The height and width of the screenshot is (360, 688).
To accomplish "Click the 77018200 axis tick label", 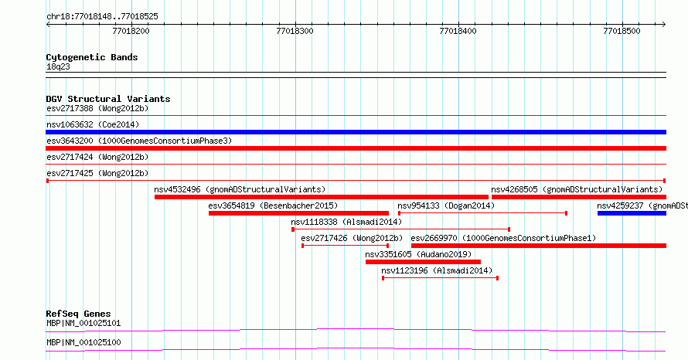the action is click(x=131, y=31).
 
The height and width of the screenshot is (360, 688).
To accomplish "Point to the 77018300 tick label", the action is click(x=295, y=31).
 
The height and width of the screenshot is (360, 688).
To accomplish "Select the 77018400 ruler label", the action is click(x=458, y=31).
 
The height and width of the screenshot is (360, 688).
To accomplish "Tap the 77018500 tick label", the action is click(x=622, y=31).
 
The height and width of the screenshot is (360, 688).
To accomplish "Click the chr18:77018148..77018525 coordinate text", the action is click(x=102, y=17).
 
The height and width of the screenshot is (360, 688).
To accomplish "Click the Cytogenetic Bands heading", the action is click(x=92, y=57).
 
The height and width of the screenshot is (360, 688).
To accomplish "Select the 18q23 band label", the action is click(x=58, y=67).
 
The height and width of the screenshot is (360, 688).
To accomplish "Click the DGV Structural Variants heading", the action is click(x=108, y=99).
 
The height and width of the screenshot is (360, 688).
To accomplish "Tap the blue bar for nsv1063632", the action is click(x=356, y=132).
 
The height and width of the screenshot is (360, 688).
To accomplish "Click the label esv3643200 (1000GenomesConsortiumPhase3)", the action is click(x=139, y=141).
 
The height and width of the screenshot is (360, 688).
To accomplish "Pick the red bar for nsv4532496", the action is click(x=321, y=197).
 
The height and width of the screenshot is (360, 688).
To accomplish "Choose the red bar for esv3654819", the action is click(x=298, y=213).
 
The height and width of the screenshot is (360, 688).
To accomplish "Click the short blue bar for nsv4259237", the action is click(x=632, y=213).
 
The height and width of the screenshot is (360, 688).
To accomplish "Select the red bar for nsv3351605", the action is click(x=423, y=262).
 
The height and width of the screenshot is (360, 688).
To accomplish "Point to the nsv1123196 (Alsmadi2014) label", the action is click(x=437, y=270).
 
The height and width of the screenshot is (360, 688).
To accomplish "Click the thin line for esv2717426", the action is click(x=346, y=246).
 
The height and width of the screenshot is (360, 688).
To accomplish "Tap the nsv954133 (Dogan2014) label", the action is click(x=446, y=205).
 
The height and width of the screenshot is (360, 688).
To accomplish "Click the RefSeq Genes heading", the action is click(x=78, y=314).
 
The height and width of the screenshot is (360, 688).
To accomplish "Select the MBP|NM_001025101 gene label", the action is click(x=83, y=324).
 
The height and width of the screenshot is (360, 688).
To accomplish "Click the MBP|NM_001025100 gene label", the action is click(x=83, y=342).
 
